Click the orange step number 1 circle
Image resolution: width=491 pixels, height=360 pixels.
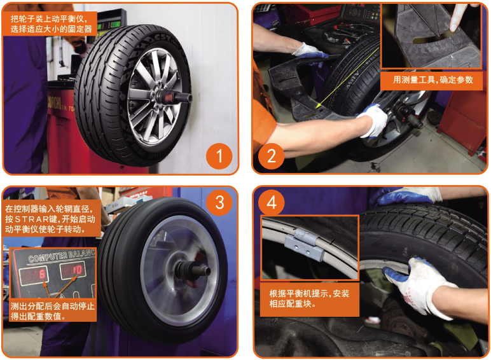tap(219, 156)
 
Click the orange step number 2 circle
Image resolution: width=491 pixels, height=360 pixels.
tap(271, 156)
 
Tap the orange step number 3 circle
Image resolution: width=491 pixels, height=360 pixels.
tap(219, 202)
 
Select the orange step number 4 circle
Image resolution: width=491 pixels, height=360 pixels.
tap(271, 202)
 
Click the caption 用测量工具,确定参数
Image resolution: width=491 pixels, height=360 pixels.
tap(432, 80)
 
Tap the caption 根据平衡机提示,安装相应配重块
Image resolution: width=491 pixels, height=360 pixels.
tap(309, 298)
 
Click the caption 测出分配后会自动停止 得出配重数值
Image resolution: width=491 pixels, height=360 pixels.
tap(52, 311)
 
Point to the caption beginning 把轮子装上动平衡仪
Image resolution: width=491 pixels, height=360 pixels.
tap(51, 24)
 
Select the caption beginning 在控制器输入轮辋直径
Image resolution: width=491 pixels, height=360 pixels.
tap(50, 219)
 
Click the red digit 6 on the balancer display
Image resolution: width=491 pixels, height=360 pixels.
tap(43, 275)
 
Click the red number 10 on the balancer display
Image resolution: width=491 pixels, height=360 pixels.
tap(76, 270)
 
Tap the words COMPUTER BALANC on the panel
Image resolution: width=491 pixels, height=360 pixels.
tap(61, 256)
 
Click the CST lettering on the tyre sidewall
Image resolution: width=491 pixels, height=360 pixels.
tap(163, 39)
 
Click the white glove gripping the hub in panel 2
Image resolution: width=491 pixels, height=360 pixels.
tap(374, 120)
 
